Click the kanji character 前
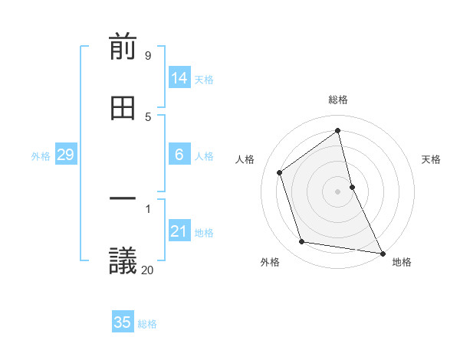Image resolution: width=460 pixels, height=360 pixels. tap(123, 47)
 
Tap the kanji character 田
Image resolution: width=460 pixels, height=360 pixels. tap(123, 109)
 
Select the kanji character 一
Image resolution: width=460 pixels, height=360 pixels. tap(123, 201)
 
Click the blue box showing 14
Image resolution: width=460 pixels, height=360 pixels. tap(179, 78)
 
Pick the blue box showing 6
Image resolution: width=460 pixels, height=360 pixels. tap(179, 155)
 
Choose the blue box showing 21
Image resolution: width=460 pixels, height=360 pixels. tap(179, 231)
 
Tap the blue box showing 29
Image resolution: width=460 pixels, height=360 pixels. tap(65, 155)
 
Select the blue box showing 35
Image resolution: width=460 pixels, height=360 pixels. tap(123, 322)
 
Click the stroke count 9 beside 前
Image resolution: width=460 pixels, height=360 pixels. tap(148, 56)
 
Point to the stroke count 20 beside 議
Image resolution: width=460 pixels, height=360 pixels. tap(147, 270)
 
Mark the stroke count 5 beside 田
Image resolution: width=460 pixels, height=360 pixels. tap(148, 116)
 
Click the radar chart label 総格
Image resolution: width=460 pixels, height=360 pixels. tap(338, 100)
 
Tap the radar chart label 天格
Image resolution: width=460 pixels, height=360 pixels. tap(431, 159)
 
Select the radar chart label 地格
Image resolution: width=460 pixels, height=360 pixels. tap(402, 262)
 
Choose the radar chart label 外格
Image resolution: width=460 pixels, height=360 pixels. tap(270, 262)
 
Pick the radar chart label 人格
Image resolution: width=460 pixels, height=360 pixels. tap(245, 159)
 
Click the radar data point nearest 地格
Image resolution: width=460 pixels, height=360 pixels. tap(382, 253)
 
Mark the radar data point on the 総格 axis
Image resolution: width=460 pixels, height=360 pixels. tap(338, 131)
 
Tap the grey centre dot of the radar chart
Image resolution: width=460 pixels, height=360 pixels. tap(338, 191)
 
